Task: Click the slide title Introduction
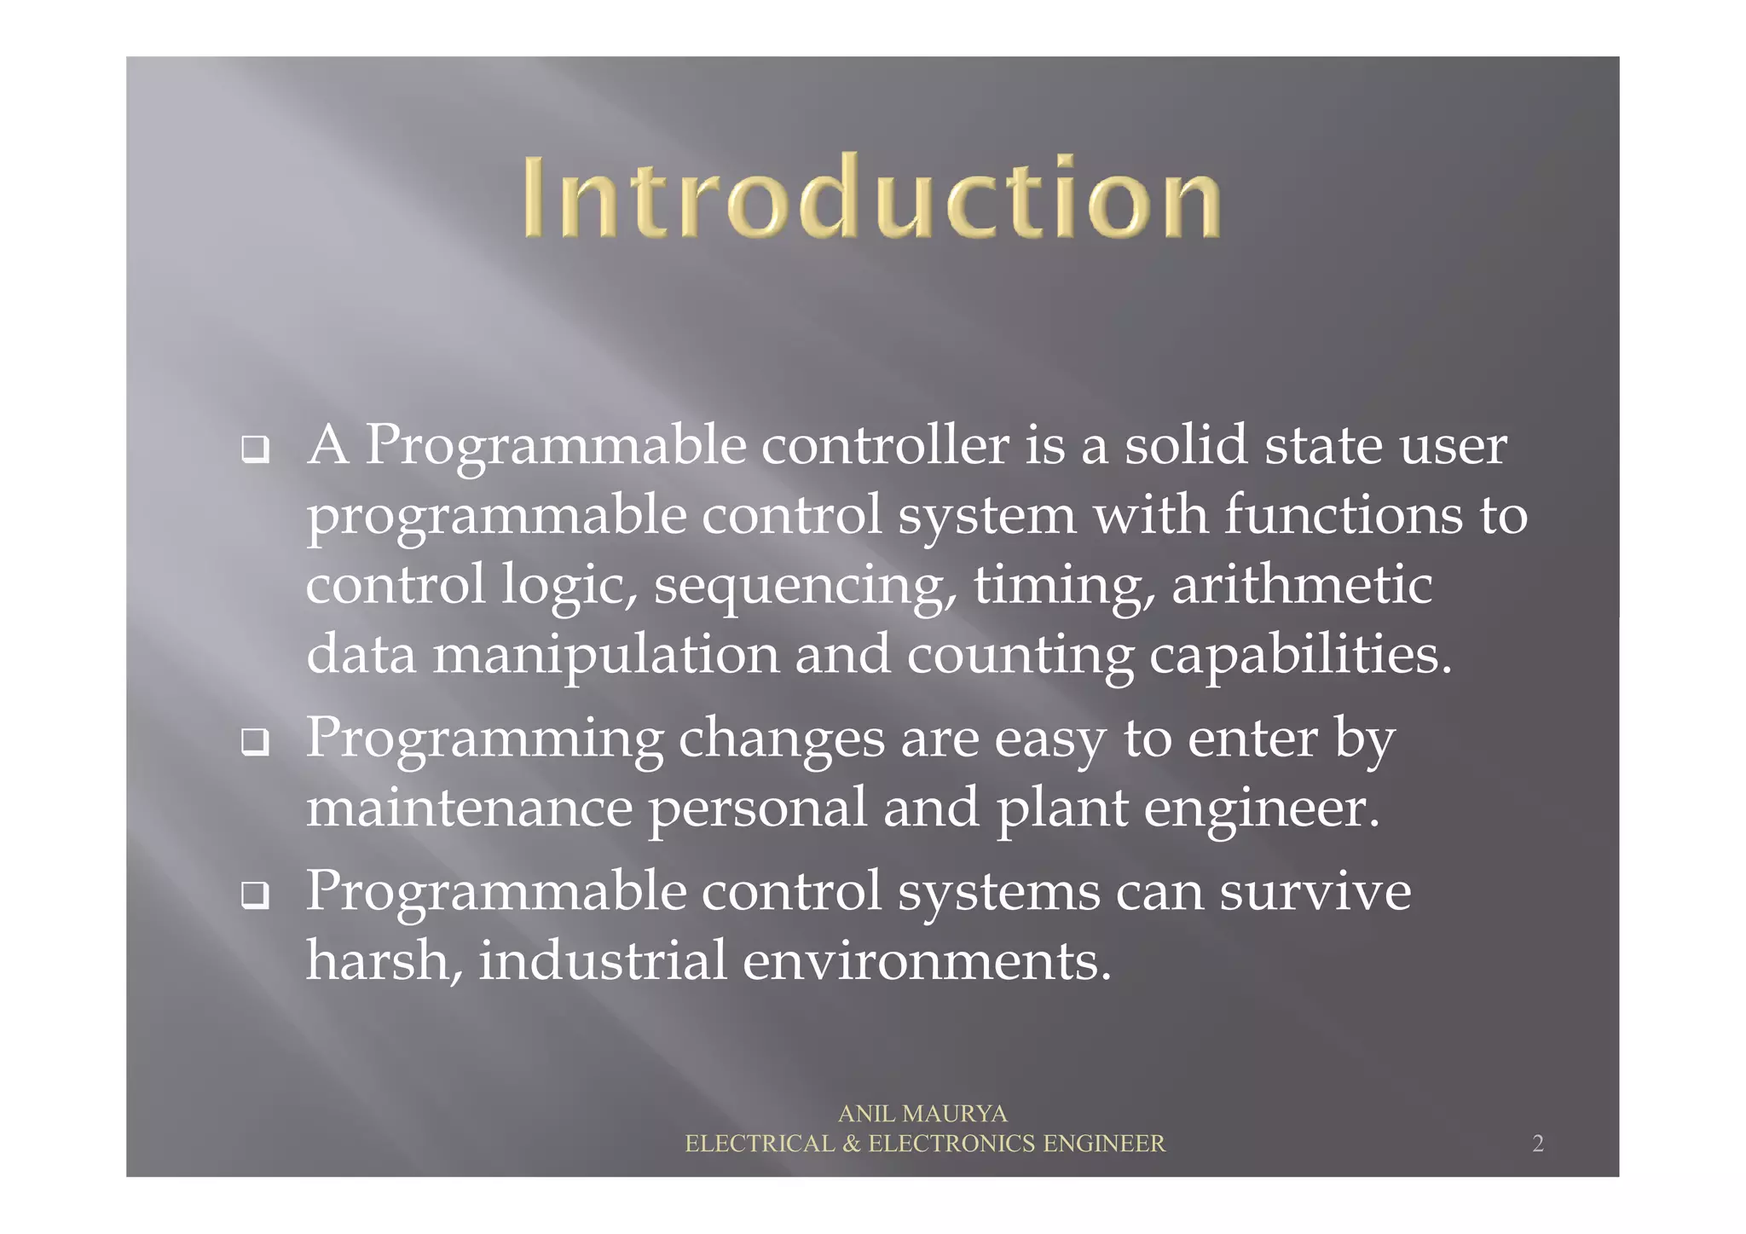click(872, 197)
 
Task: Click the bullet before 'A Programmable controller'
click(255, 449)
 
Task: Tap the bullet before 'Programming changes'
click(255, 742)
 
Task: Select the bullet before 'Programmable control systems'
click(255, 895)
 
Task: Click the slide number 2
click(1537, 1144)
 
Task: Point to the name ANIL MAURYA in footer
click(922, 1114)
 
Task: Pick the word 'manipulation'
click(605, 656)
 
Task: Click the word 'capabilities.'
click(1299, 656)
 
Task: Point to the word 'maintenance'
click(469, 808)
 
